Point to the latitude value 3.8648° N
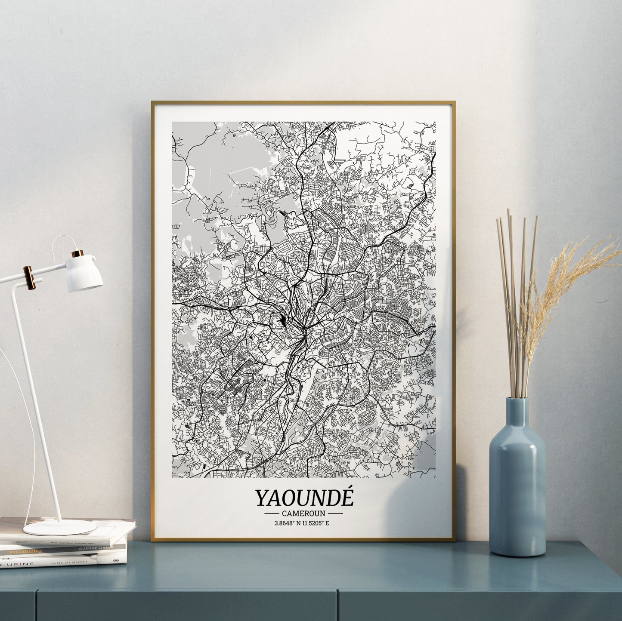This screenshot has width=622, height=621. coord(288,523)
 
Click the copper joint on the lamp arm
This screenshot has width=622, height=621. coord(28,277)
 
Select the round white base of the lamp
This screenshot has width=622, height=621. coord(54,527)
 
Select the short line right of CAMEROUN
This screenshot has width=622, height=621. coord(335,513)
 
